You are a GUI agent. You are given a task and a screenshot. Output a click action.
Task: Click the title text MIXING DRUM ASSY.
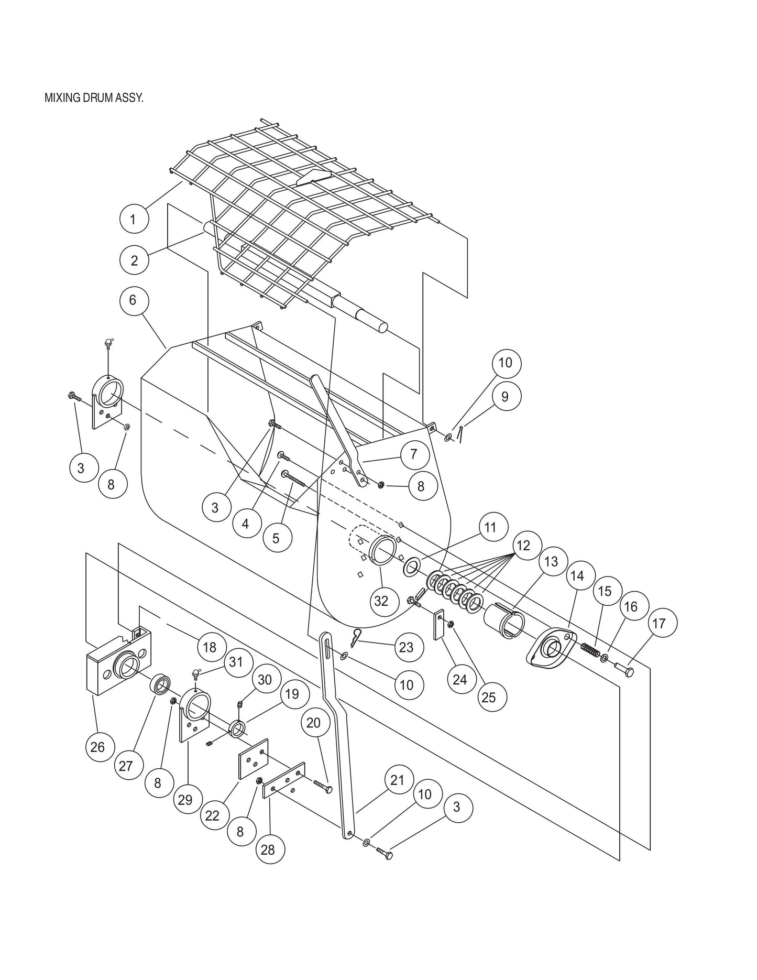pyautogui.click(x=94, y=99)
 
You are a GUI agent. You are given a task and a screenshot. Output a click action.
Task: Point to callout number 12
pyautogui.click(x=523, y=546)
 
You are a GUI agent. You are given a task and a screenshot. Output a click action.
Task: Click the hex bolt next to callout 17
pyautogui.click(x=623, y=670)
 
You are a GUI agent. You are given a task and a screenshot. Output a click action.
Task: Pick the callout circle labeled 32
pyautogui.click(x=381, y=601)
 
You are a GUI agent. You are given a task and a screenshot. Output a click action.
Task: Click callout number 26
pyautogui.click(x=98, y=747)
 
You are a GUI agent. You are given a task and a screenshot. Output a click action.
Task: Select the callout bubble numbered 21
pyautogui.click(x=398, y=780)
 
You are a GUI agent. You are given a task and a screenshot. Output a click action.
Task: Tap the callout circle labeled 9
pyautogui.click(x=504, y=396)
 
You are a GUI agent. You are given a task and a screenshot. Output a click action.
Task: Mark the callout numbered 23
pyautogui.click(x=406, y=647)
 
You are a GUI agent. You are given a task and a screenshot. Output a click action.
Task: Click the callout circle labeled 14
pyautogui.click(x=576, y=576)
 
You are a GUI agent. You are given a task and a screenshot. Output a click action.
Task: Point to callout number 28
pyautogui.click(x=268, y=849)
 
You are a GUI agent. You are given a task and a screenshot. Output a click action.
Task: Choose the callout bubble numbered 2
pyautogui.click(x=134, y=260)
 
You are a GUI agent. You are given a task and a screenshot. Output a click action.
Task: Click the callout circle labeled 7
pyautogui.click(x=413, y=454)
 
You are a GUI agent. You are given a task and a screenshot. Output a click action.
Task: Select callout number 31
pyautogui.click(x=236, y=662)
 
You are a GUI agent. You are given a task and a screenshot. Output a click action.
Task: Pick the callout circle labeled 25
pyautogui.click(x=488, y=697)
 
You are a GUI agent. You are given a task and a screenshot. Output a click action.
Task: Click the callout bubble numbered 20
pyautogui.click(x=313, y=723)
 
